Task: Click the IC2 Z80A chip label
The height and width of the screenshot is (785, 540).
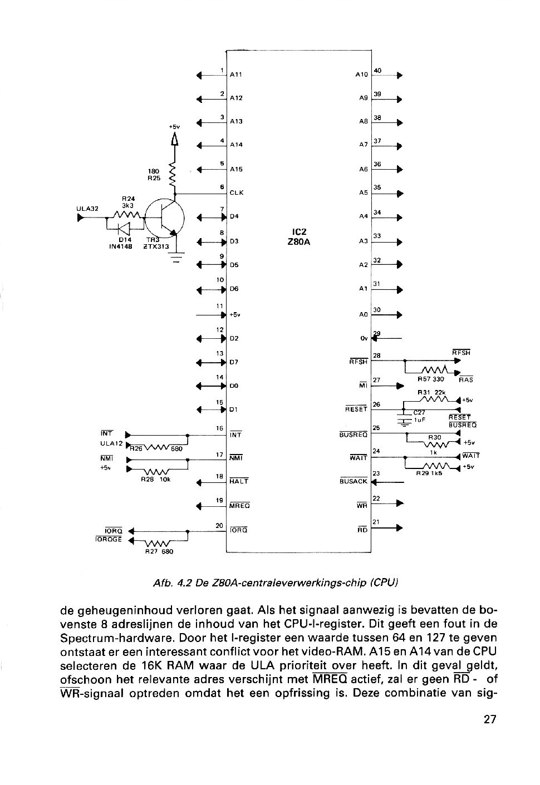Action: [299, 237]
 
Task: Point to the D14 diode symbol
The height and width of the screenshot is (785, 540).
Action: [124, 229]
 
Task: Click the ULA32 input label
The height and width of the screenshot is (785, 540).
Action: [87, 209]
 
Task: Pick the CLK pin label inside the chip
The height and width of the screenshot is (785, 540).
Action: [237, 192]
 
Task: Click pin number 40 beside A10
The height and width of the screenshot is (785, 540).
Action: [377, 71]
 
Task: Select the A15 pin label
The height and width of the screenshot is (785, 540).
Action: [237, 169]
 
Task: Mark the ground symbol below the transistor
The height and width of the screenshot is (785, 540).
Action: [176, 257]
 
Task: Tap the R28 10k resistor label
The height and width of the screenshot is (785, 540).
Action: [155, 480]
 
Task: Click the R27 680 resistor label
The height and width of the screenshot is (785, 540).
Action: [159, 551]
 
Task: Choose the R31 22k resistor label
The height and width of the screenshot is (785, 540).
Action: [431, 393]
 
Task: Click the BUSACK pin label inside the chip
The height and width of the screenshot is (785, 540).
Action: [354, 481]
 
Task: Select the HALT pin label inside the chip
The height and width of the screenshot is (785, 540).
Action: [239, 481]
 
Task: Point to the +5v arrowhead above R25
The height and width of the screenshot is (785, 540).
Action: [174, 140]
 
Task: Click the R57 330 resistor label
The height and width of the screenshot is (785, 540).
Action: [430, 379]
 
